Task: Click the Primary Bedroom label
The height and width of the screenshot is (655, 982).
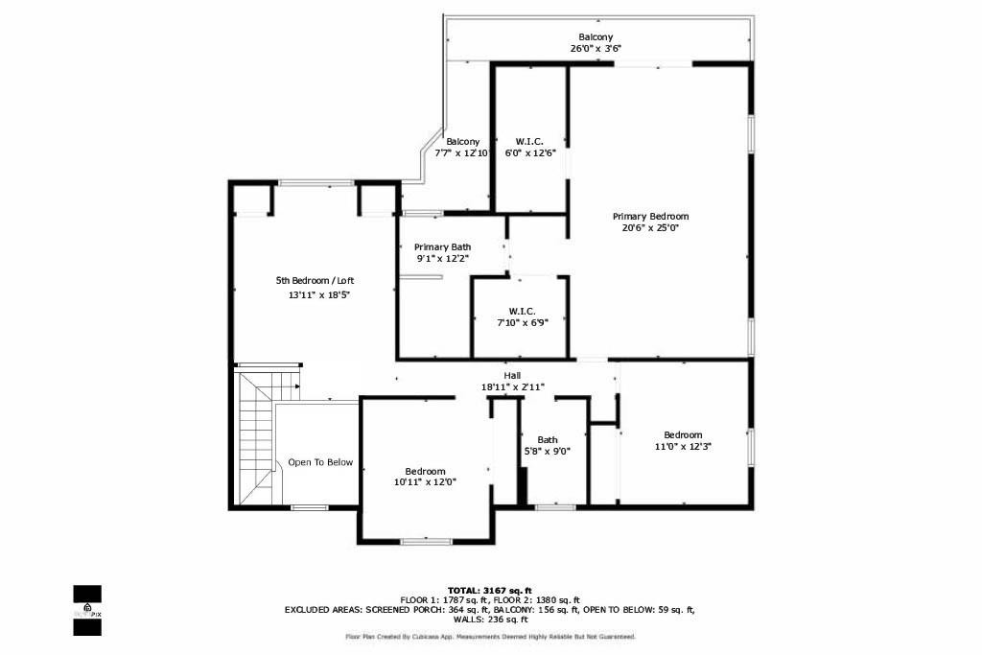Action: [650, 217]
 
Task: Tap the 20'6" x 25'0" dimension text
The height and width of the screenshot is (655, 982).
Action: [650, 228]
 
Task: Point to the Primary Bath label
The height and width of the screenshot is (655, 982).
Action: [442, 247]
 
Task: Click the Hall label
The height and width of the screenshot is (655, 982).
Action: [512, 375]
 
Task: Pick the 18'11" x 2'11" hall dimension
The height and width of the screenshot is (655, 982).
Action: [512, 387]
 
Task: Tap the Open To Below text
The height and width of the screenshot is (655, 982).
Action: [320, 462]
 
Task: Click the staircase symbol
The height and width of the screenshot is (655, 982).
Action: [257, 436]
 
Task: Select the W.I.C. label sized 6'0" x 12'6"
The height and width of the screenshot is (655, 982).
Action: [529, 141]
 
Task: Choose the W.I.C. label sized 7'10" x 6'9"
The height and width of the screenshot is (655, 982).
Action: [522, 311]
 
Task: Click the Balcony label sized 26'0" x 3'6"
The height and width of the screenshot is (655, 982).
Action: [596, 37]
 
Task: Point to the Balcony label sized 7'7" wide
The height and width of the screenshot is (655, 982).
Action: [462, 141]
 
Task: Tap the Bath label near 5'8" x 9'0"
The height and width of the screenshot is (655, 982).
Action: [547, 440]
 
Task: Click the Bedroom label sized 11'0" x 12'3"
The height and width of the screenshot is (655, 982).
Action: [683, 434]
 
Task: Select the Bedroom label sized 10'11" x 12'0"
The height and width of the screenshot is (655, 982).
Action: [425, 471]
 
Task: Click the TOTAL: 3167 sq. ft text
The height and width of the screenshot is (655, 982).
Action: [489, 590]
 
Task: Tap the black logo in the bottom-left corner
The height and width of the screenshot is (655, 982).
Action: [87, 610]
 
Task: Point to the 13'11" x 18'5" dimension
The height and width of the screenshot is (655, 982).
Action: [319, 295]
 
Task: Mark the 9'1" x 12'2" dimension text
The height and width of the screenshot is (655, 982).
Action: [442, 259]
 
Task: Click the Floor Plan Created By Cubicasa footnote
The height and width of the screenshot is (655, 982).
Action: [489, 637]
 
